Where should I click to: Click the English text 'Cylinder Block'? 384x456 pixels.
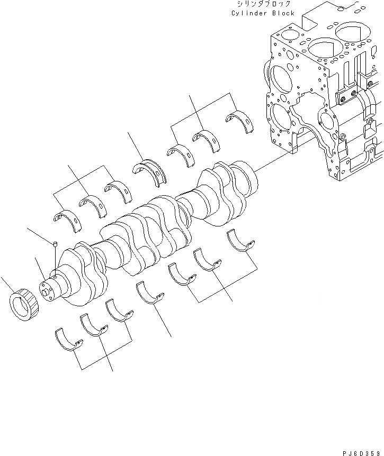[x=263, y=13]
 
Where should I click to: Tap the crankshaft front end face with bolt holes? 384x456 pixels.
[x=46, y=289]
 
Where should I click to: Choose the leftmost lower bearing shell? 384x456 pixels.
[x=68, y=340]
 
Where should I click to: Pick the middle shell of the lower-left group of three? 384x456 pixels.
[x=93, y=324]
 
